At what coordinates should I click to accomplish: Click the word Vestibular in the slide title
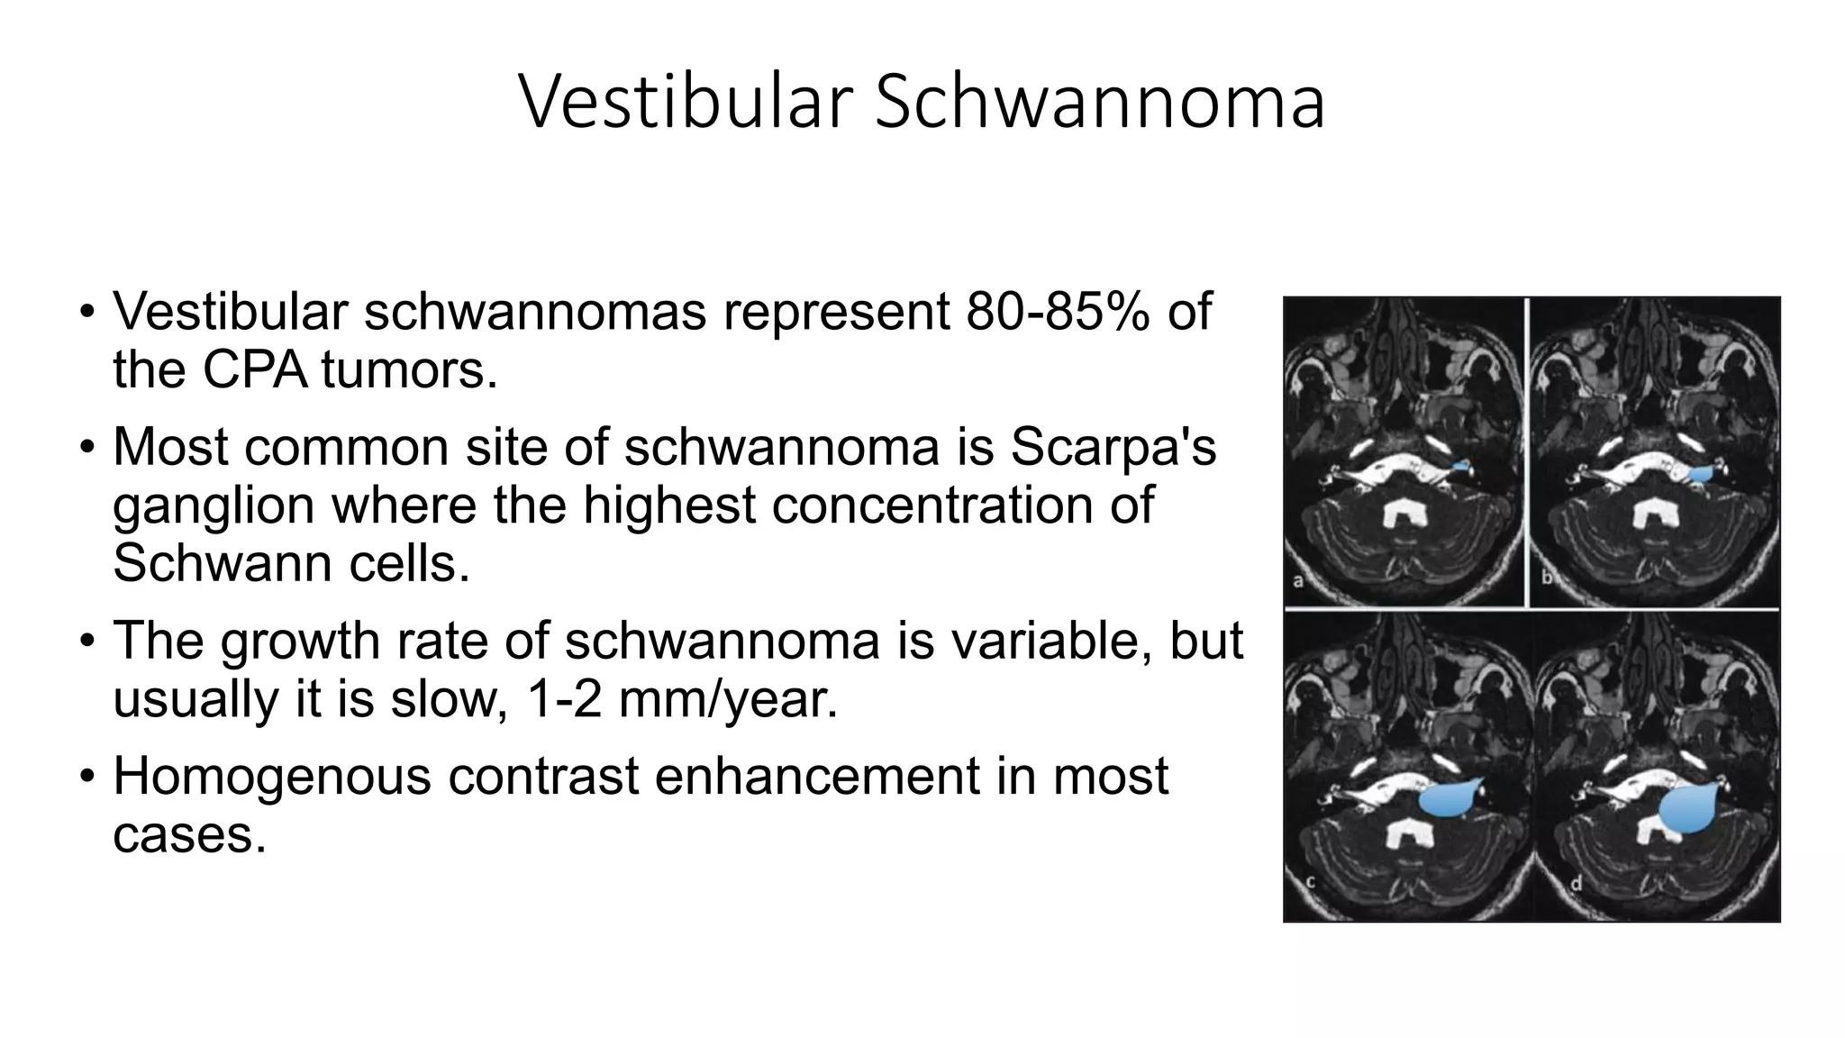[685, 101]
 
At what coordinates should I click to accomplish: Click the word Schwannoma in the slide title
[1099, 101]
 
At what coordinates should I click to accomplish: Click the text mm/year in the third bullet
[728, 699]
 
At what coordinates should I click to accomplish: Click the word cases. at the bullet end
[189, 834]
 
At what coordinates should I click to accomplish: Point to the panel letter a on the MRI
[1298, 581]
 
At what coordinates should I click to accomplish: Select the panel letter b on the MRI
[1546, 578]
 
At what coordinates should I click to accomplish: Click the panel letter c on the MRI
[1311, 883]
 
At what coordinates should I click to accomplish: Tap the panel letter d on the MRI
[1576, 884]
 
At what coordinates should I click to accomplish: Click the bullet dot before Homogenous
[86, 776]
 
